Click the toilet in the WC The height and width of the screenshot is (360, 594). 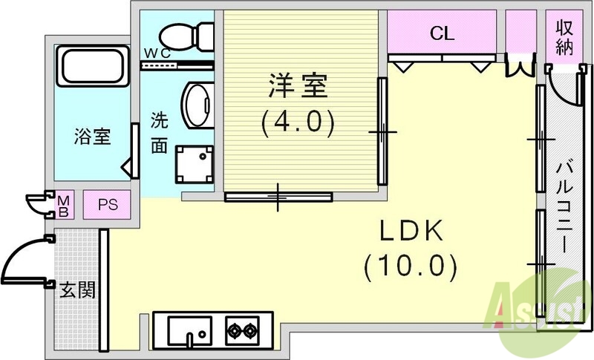coord(186,36)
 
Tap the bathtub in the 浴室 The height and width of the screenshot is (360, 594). coord(94,66)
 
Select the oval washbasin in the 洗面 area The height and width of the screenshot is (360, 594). coord(198,105)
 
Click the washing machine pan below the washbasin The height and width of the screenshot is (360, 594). coord(195,164)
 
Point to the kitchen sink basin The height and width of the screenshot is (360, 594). coord(190,330)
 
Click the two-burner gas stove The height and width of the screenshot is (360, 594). coord(243,330)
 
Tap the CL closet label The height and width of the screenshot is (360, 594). coord(442,33)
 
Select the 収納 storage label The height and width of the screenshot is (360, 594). coord(564,37)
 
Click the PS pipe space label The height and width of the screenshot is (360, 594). coord(108,205)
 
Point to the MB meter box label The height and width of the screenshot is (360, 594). coord(64,206)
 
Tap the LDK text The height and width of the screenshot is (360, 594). coord(411,231)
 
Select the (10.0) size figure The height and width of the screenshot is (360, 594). coord(411,266)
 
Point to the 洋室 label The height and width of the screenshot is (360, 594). coord(298,86)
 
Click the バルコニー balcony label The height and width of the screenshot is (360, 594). coord(564,207)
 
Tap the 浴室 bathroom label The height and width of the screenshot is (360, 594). coord(92,137)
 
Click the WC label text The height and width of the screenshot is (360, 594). coord(157,54)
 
